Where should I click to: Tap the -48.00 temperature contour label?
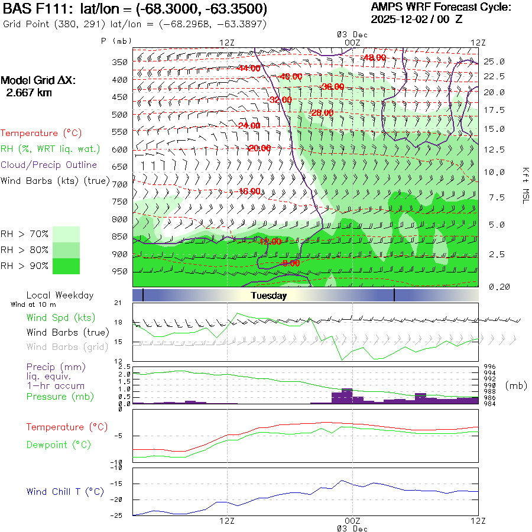tap(374, 57)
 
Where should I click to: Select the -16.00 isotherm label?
tap(249, 191)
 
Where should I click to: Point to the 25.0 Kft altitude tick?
tap(494, 61)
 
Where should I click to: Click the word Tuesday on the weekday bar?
tap(268, 296)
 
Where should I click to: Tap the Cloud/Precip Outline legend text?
tap(49, 165)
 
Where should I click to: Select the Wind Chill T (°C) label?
tap(65, 491)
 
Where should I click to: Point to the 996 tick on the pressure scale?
tap(491, 366)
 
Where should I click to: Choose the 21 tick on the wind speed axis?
tap(118, 303)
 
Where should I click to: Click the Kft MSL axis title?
tap(524, 185)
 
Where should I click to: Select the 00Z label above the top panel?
tap(352, 42)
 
